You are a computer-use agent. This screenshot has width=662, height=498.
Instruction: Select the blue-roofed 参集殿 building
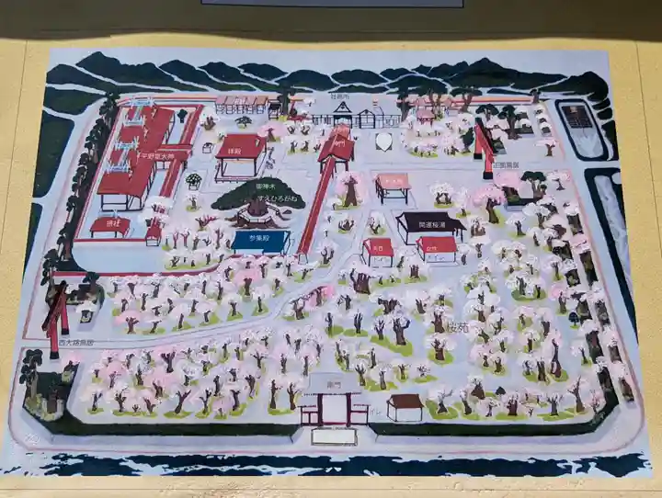pos(261,241)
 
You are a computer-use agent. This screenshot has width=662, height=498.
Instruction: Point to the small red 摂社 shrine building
pos(110,225)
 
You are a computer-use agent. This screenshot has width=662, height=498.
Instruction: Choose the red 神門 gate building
pos(337,146)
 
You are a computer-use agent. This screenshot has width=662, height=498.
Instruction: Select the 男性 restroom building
pos(377,248)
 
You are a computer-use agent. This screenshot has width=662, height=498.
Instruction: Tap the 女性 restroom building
pos(436,246)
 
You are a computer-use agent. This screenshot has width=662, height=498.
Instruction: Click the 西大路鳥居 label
pos(76,342)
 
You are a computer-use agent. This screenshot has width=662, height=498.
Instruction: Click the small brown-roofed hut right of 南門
pos(405,406)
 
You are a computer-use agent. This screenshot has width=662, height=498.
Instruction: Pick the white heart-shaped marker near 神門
pos(385,141)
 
